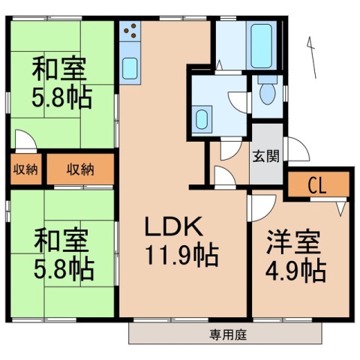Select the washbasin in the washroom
pos(202,118)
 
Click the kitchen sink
pos(128,67)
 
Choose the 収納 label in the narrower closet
pos(25,169)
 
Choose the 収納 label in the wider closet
pos(80,169)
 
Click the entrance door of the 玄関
pos(297,151)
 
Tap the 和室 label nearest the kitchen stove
pos(58,69)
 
